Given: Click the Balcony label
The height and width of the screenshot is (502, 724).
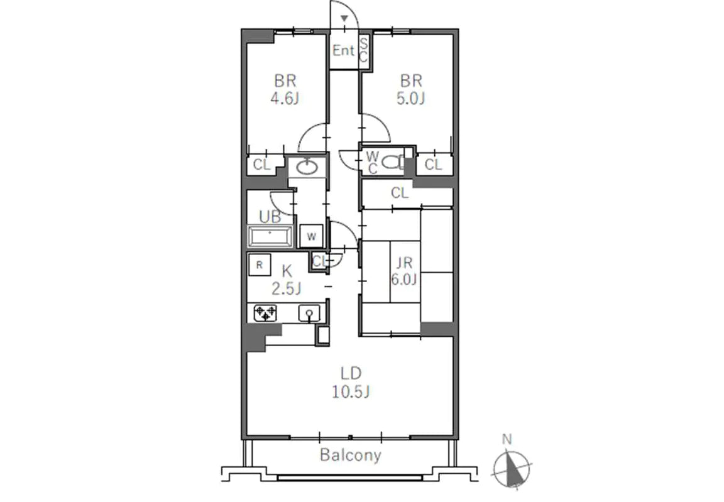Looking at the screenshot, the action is pyautogui.click(x=351, y=456).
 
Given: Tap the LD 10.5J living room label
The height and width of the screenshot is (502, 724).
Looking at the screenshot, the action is pyautogui.click(x=351, y=383).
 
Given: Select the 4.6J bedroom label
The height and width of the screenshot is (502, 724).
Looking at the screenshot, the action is pyautogui.click(x=285, y=89).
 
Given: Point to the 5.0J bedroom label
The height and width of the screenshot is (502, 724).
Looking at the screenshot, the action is pyautogui.click(x=411, y=89).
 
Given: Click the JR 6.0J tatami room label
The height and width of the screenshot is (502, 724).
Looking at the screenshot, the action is pyautogui.click(x=404, y=271).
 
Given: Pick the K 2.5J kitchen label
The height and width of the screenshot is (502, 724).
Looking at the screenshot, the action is pyautogui.click(x=287, y=280).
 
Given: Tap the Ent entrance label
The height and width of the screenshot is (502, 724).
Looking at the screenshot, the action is pyautogui.click(x=344, y=50).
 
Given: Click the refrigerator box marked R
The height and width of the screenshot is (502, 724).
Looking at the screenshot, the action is pyautogui.click(x=260, y=265).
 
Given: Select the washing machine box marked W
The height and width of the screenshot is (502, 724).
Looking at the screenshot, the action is pyautogui.click(x=312, y=236).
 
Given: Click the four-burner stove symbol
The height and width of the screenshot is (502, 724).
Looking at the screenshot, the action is pyautogui.click(x=265, y=314).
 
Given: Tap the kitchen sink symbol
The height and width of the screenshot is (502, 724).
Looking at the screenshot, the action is pyautogui.click(x=309, y=314).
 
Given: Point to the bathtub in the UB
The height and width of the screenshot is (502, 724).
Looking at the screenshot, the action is pyautogui.click(x=270, y=237).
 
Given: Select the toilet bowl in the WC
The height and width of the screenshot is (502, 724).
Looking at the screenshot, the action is pyautogui.click(x=392, y=162).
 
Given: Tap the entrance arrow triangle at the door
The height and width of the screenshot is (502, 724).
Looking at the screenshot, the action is pyautogui.click(x=344, y=18).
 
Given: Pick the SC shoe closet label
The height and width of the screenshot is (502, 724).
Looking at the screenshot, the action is pyautogui.click(x=364, y=51).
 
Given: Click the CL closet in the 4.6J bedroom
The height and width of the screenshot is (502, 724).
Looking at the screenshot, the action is pyautogui.click(x=261, y=165).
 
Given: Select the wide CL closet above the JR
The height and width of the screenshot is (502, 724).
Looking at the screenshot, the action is pyautogui.click(x=400, y=192).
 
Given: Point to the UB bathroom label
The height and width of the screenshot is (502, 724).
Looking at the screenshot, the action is pyautogui.click(x=270, y=216).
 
